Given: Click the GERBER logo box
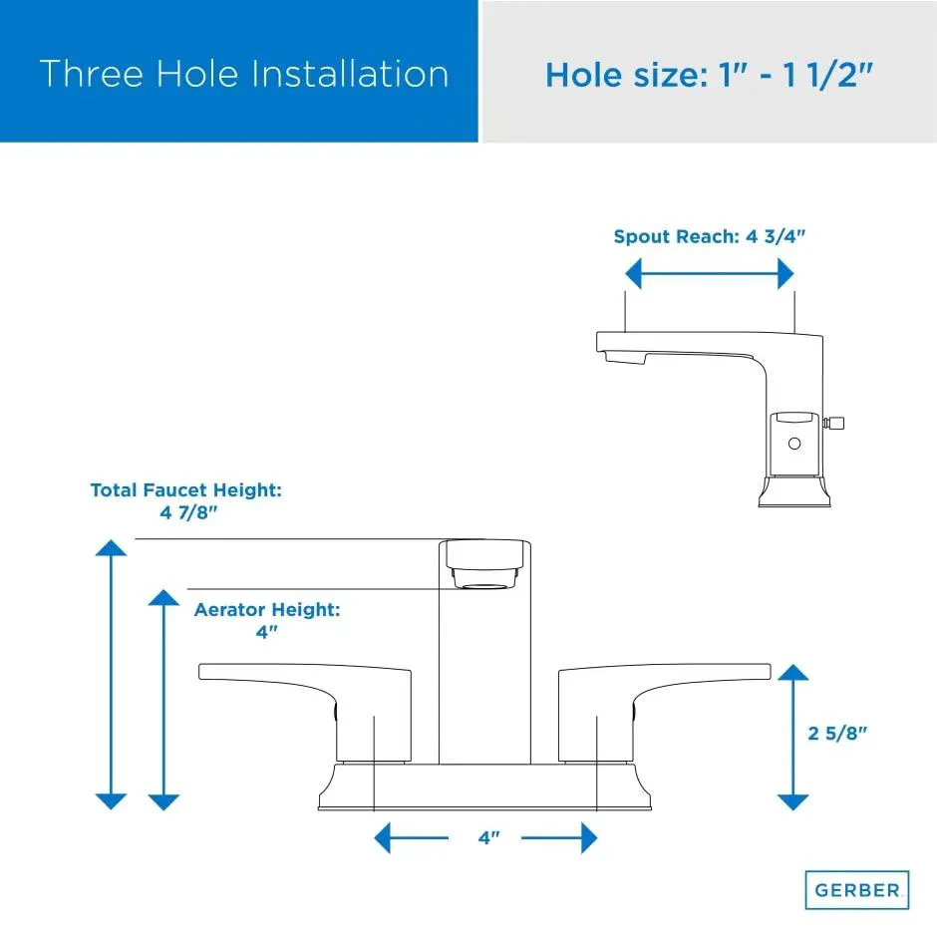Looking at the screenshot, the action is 857,890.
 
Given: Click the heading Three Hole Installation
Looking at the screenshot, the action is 244,74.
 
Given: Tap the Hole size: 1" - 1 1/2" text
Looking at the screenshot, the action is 710,76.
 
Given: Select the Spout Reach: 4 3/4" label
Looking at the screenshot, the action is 710,236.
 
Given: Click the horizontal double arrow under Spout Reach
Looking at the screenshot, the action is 710,274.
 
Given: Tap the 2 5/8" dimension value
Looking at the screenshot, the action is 837,734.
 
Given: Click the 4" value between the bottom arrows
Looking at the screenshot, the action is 488,837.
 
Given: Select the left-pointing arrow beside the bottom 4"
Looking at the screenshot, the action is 411,837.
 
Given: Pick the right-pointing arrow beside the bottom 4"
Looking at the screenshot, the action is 559,837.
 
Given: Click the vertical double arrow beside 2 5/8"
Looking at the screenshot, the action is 793,737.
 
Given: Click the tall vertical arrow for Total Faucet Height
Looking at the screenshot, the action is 112,675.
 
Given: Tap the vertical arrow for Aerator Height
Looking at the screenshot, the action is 163,700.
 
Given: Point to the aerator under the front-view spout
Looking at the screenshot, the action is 484,578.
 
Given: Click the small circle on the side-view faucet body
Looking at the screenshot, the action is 794,444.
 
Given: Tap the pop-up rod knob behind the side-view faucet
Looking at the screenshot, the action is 834,423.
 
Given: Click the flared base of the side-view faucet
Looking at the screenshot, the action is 794,491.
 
